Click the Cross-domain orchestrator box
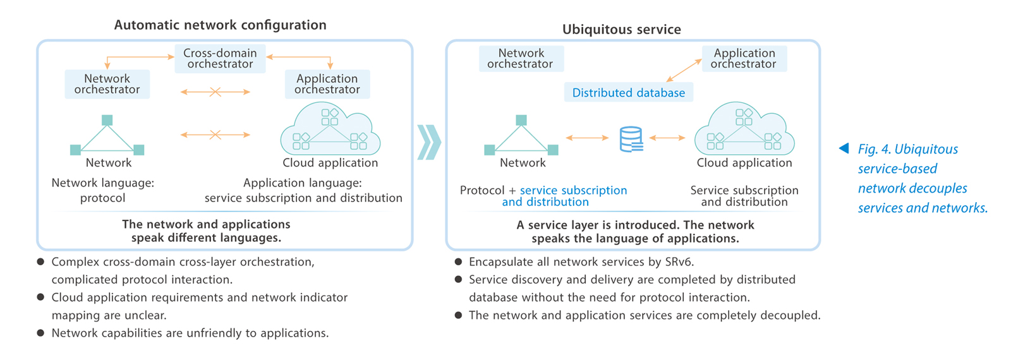220,59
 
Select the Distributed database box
628,93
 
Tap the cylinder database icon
631,140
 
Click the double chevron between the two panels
429,142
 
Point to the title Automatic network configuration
220,25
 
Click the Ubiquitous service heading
621,30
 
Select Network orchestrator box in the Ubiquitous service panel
521,59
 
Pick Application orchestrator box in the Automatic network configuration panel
327,84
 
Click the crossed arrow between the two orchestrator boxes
215,92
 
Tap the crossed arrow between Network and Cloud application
215,135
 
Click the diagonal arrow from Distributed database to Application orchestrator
684,70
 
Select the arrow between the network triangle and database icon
587,138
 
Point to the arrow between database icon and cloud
667,138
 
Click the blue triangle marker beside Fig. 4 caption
844,148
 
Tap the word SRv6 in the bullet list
679,262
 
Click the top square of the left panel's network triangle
107,120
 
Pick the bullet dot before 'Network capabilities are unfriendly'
40,333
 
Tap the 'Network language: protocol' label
103,190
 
